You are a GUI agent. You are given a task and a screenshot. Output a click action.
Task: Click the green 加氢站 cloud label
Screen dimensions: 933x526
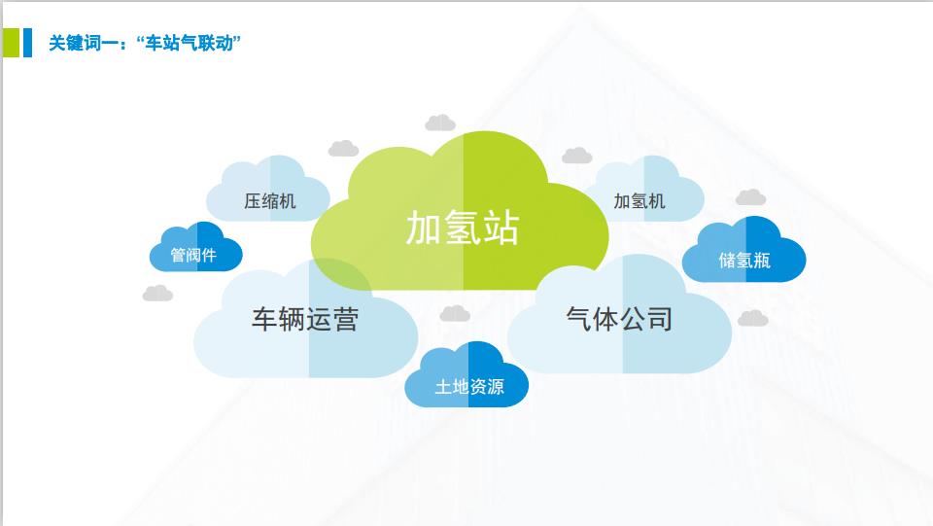(x=463, y=227)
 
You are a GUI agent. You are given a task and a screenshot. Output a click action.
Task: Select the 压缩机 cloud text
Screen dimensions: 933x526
(x=269, y=201)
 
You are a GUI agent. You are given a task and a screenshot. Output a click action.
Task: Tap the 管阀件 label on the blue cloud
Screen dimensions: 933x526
(x=193, y=256)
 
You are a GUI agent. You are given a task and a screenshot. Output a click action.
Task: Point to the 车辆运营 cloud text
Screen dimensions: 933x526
(x=304, y=319)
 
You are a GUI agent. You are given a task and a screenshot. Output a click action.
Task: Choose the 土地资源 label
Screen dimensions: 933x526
(x=469, y=387)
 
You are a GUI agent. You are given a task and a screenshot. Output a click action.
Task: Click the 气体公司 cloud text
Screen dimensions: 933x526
(x=619, y=319)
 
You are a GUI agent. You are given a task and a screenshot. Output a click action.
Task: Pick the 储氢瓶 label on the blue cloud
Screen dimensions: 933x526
(x=744, y=260)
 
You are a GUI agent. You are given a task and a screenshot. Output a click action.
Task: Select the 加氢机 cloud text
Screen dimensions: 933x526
(x=639, y=201)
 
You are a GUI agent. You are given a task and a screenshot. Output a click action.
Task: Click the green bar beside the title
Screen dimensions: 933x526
(x=12, y=43)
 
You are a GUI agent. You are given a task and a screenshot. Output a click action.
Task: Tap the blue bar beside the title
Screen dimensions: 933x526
(x=27, y=43)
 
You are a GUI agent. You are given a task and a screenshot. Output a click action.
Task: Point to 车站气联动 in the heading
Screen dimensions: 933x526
(x=190, y=44)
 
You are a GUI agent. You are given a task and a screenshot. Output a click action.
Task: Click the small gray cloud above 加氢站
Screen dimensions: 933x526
(x=440, y=123)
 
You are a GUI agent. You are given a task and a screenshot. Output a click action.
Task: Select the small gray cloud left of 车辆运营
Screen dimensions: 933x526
(x=157, y=294)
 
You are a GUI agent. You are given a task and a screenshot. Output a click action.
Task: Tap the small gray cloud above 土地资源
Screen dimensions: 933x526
(x=455, y=314)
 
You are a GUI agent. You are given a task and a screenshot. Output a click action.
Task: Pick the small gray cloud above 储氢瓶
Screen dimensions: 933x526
(x=751, y=197)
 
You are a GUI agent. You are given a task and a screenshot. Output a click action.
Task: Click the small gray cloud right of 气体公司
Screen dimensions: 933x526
(x=753, y=318)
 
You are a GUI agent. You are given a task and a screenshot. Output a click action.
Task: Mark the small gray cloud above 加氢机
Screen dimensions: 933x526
(x=577, y=156)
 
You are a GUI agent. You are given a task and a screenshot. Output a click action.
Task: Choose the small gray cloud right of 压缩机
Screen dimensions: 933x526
(x=343, y=148)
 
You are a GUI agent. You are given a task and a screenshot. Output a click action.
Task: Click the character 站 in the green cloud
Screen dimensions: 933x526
(x=501, y=228)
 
